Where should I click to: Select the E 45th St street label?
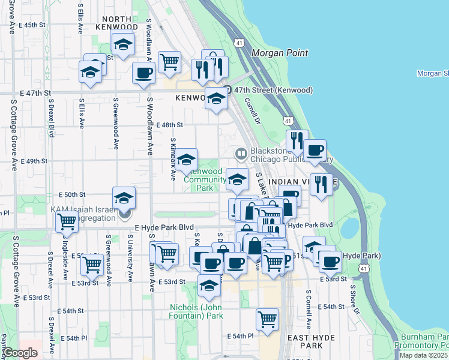click(x=32, y=25)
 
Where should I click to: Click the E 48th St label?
click(x=169, y=125)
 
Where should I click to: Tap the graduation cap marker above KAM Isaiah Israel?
click(x=124, y=197)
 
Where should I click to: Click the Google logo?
click(x=19, y=353)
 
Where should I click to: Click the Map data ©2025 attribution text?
click(x=423, y=355)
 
